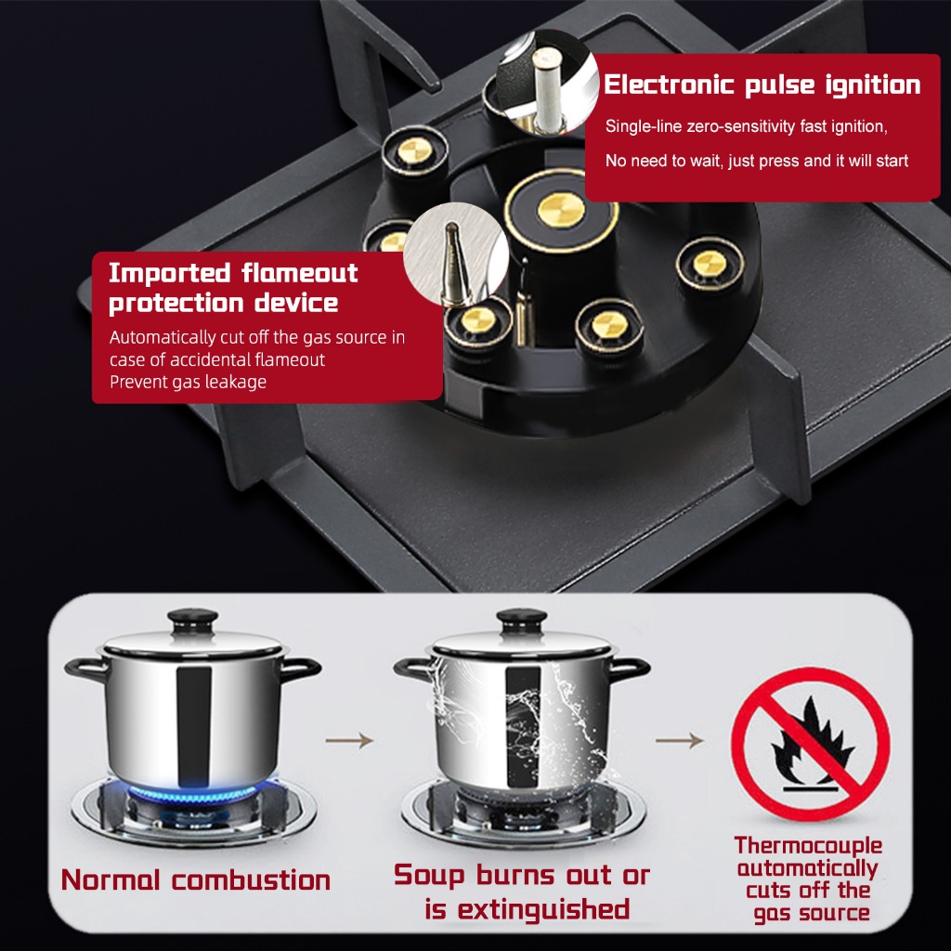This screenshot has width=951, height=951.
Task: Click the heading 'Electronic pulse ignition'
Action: tap(762, 85)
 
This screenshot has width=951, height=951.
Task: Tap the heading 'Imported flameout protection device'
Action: tap(233, 288)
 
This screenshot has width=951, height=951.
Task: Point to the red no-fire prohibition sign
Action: tap(810, 744)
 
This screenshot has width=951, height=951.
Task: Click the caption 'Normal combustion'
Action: tap(195, 880)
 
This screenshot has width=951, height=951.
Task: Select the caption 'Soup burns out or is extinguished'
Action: tap(522, 892)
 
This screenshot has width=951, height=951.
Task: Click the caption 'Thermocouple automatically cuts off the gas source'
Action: tap(809, 879)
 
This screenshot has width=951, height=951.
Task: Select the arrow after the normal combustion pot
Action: tap(349, 740)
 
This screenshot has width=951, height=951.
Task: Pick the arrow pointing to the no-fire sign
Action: tap(679, 740)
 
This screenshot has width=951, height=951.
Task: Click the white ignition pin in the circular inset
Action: tap(547, 90)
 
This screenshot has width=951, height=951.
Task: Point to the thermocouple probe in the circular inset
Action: tap(453, 265)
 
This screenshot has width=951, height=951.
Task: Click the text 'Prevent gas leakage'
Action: tap(188, 382)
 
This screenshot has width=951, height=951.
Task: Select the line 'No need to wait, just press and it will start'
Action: tap(756, 161)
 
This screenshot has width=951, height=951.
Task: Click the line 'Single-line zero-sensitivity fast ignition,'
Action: tap(746, 126)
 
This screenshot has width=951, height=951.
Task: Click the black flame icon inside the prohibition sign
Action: tap(812, 742)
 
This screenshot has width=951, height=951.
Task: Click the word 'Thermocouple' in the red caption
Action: tap(809, 845)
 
